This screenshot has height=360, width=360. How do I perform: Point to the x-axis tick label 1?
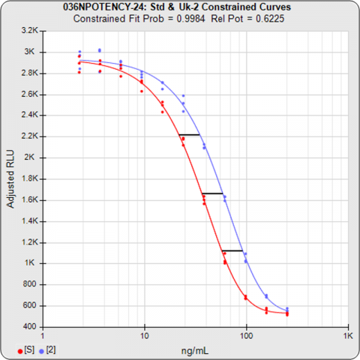(43, 335)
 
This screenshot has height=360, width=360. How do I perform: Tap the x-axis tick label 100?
(246, 335)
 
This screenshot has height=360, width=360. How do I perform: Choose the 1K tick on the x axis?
(346, 335)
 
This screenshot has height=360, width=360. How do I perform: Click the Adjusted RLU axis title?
(10, 178)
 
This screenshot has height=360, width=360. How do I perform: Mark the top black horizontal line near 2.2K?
(189, 134)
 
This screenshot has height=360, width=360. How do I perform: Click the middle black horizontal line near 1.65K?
(212, 193)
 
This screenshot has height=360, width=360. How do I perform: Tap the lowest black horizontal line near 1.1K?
(232, 250)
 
